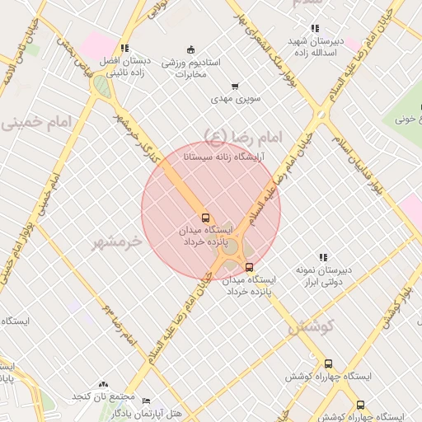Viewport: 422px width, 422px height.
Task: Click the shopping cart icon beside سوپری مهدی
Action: pos(235,86)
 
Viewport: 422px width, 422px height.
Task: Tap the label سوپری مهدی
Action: pos(236,99)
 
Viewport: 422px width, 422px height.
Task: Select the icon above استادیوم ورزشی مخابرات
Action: pos(191,49)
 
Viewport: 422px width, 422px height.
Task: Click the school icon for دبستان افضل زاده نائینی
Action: pos(124,49)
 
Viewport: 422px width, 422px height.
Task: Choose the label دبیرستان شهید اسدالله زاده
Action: pos(314,46)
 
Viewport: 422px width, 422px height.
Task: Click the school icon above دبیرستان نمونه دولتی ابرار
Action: pos(323,257)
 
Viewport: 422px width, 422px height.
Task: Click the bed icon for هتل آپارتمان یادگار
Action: pos(146,401)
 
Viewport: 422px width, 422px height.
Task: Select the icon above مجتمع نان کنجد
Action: pos(103,384)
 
